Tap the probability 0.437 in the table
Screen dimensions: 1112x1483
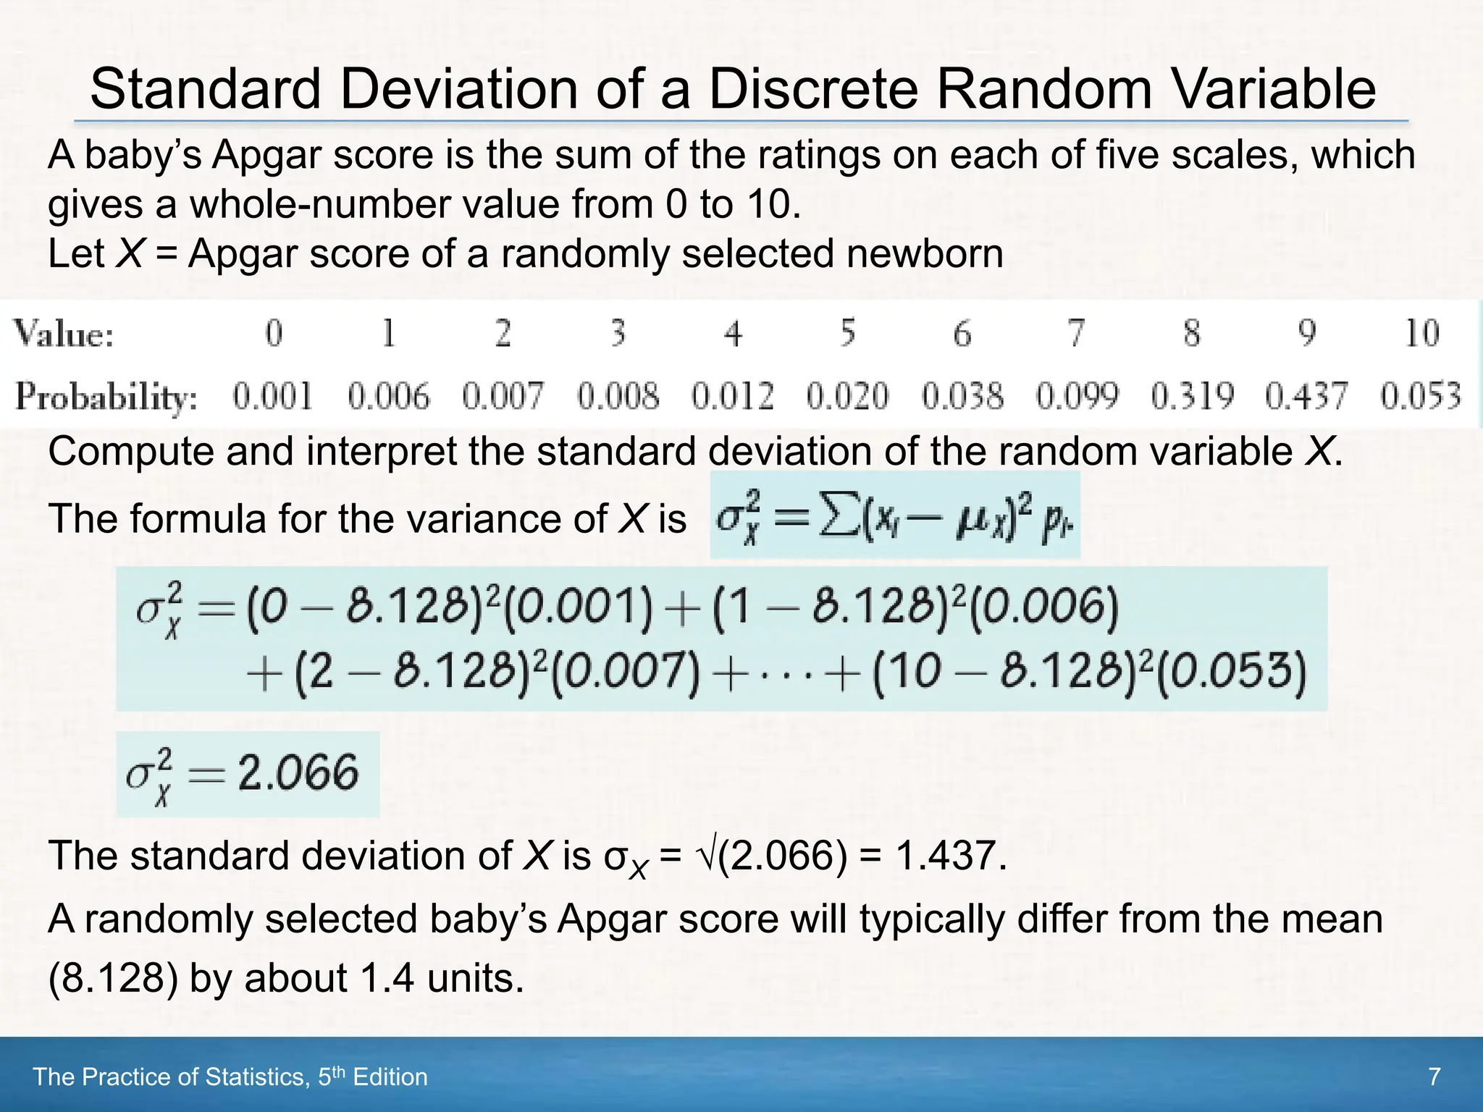(x=1306, y=397)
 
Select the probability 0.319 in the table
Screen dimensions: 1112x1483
(x=1192, y=397)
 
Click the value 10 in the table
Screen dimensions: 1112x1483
(x=1421, y=334)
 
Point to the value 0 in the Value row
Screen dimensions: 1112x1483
(x=274, y=334)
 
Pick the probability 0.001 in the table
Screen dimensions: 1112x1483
(x=273, y=397)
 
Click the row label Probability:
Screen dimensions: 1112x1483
(x=106, y=397)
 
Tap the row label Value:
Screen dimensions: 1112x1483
(x=64, y=334)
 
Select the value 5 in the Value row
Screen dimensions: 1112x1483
(x=848, y=334)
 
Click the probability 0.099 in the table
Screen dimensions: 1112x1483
(x=1077, y=397)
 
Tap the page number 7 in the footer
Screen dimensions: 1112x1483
(x=1434, y=1077)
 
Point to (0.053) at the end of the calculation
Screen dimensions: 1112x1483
(x=1232, y=671)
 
